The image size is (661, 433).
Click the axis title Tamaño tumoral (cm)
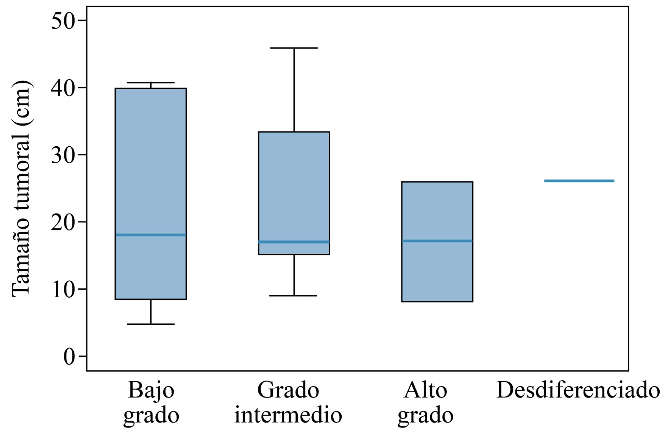pyautogui.click(x=21, y=188)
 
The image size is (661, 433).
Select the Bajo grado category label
pyautogui.click(x=151, y=402)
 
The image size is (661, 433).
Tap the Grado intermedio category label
pyautogui.click(x=288, y=402)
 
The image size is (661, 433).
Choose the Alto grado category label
pyautogui.click(x=426, y=402)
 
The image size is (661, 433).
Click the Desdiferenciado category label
pyautogui.click(x=578, y=390)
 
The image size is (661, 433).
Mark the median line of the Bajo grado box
pyautogui.click(x=151, y=235)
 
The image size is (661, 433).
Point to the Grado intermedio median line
pyautogui.click(x=294, y=242)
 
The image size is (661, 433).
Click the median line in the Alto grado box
pyautogui.click(x=437, y=241)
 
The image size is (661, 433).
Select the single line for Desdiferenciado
pyautogui.click(x=579, y=181)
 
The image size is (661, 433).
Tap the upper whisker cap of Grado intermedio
pyautogui.click(x=294, y=48)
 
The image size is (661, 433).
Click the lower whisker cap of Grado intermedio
pyautogui.click(x=294, y=296)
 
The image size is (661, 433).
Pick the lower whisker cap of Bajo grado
pyautogui.click(x=151, y=324)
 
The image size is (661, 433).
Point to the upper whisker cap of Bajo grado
pyautogui.click(x=151, y=82)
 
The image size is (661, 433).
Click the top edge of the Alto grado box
pyautogui.click(x=437, y=182)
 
